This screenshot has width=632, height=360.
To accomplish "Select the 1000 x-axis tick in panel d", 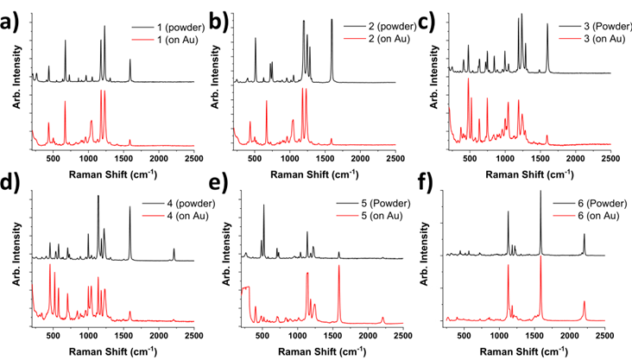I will (x=87, y=335).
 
